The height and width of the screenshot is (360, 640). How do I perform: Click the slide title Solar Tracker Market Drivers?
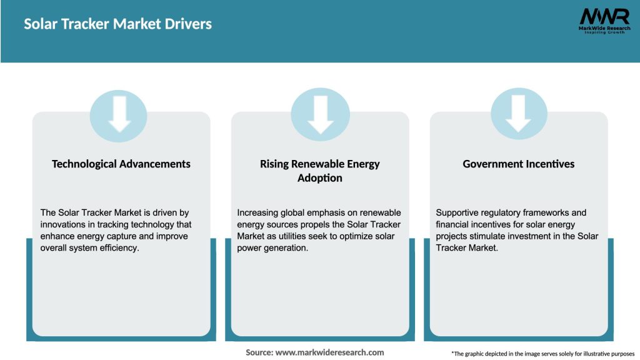pos(118,24)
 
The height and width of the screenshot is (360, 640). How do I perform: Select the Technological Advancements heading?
pos(121,164)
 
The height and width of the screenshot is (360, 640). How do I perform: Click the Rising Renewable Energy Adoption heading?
pos(320,171)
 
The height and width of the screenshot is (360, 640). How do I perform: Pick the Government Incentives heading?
pos(519,164)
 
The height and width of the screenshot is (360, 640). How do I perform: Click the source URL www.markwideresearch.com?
pos(329,352)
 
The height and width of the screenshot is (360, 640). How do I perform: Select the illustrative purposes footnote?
pos(542,354)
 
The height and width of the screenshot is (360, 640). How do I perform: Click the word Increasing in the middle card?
pos(259,213)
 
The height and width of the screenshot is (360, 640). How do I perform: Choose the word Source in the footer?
pos(259,352)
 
